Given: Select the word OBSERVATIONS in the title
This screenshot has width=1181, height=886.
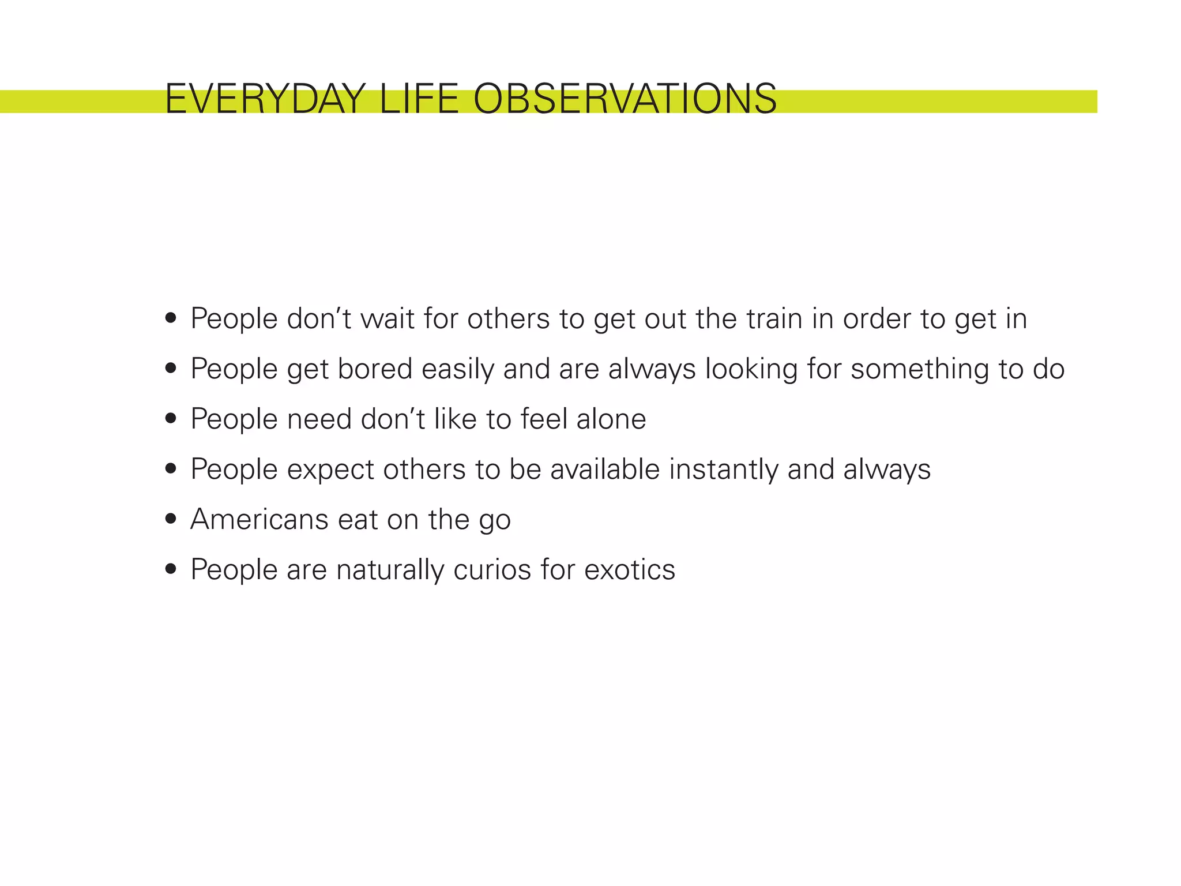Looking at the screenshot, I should tap(625, 99).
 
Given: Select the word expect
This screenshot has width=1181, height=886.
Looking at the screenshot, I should tap(330, 470).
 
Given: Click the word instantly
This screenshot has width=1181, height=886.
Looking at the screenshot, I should tap(724, 470).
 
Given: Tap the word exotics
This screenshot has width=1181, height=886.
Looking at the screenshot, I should tap(629, 570).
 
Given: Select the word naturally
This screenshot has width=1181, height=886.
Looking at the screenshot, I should tap(390, 570).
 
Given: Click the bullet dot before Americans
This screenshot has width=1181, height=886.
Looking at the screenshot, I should tap(170, 519).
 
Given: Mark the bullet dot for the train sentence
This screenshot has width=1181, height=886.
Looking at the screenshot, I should tap(170, 318).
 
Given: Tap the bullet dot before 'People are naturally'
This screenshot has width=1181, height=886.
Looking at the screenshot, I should tap(170, 569).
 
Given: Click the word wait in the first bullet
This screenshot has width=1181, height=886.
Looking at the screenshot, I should tap(387, 319).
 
